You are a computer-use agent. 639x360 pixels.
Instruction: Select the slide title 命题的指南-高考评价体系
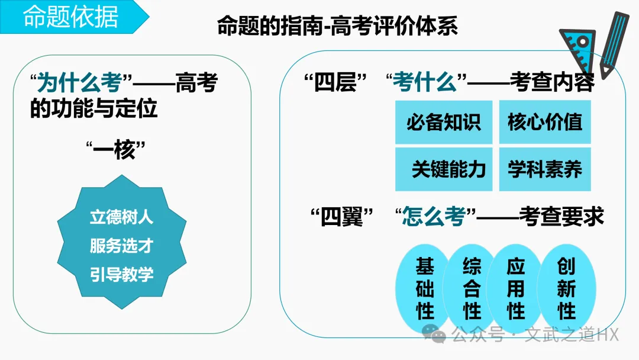(337, 26)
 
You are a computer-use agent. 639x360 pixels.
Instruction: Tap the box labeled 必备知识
(443, 122)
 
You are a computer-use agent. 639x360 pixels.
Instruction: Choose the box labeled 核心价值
(545, 122)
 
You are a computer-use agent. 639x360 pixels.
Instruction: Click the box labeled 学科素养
(545, 169)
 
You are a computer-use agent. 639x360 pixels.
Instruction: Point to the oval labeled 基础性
(424, 288)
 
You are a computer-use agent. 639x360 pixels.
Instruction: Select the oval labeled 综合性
(472, 288)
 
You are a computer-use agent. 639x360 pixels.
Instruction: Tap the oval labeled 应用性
(515, 288)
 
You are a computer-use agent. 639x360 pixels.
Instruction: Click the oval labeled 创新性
(566, 288)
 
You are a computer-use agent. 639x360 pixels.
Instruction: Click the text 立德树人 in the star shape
(121, 217)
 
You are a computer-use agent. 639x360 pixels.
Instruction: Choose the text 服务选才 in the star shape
(121, 246)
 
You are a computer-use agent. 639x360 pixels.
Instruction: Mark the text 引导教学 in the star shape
(121, 275)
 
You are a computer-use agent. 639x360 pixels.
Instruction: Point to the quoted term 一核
(119, 149)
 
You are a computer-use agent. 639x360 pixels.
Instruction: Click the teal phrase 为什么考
(79, 83)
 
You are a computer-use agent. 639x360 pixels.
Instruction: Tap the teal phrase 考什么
(424, 83)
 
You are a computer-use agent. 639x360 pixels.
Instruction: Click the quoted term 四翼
(341, 217)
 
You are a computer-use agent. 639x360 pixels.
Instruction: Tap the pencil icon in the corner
(613, 44)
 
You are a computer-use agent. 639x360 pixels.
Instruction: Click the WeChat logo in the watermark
(438, 336)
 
